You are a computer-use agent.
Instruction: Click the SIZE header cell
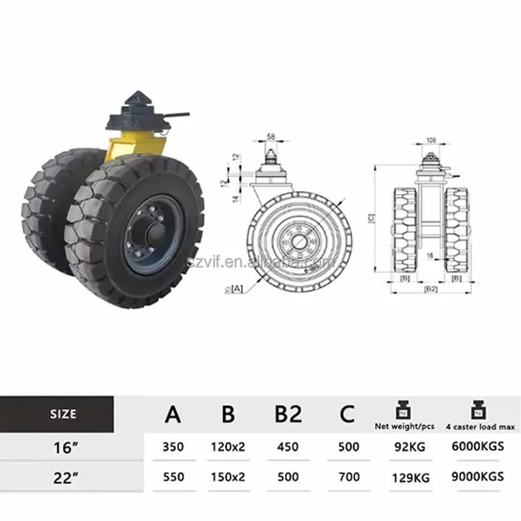point(63,414)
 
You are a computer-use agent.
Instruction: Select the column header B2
point(287,414)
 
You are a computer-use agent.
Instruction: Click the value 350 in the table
point(173,447)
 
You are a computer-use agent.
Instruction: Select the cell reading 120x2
point(228,447)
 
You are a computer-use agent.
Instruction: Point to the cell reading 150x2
point(228,476)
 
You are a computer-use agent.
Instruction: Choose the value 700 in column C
point(348,476)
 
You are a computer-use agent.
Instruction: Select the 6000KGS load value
point(477,447)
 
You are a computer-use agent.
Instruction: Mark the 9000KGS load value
point(477,476)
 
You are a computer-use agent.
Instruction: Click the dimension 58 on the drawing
point(271,137)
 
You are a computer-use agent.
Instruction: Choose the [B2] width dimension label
point(430,287)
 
